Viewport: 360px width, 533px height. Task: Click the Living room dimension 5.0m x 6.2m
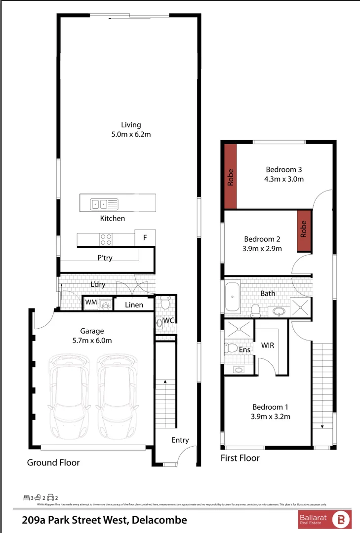(x=131, y=134)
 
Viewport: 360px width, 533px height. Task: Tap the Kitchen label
(x=113, y=218)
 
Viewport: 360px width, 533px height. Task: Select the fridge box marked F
(x=145, y=237)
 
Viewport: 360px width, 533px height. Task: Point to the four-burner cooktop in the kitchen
(x=106, y=239)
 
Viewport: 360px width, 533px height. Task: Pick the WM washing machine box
(x=91, y=302)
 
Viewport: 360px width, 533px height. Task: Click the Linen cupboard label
(x=134, y=305)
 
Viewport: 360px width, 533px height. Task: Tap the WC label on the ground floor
(x=169, y=321)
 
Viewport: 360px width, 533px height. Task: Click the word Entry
(x=180, y=440)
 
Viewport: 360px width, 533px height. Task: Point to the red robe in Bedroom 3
(x=231, y=177)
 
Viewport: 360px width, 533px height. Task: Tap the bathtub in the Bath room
(x=232, y=296)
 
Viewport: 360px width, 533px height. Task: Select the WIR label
(x=268, y=345)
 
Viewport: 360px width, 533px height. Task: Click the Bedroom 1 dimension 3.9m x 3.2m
(x=271, y=417)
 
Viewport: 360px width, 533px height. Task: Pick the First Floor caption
(x=240, y=458)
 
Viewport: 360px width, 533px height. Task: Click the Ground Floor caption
(x=53, y=462)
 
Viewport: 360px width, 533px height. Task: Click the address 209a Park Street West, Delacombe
(x=105, y=520)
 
